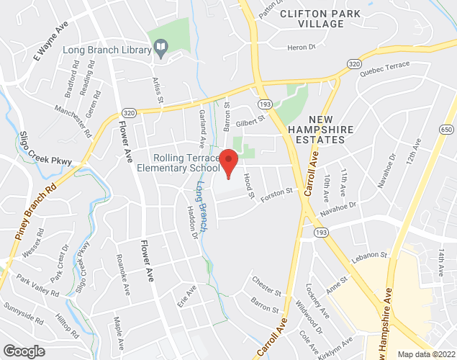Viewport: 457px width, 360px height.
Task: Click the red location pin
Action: tap(229, 163)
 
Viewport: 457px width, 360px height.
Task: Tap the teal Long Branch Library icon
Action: tap(163, 50)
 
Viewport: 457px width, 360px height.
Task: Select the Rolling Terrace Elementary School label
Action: tap(177, 163)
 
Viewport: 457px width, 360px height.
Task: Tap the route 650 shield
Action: tap(447, 130)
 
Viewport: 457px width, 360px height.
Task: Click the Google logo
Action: tap(23, 351)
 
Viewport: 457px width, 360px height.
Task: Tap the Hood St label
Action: tap(249, 182)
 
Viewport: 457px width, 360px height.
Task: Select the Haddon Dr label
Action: tap(192, 220)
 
